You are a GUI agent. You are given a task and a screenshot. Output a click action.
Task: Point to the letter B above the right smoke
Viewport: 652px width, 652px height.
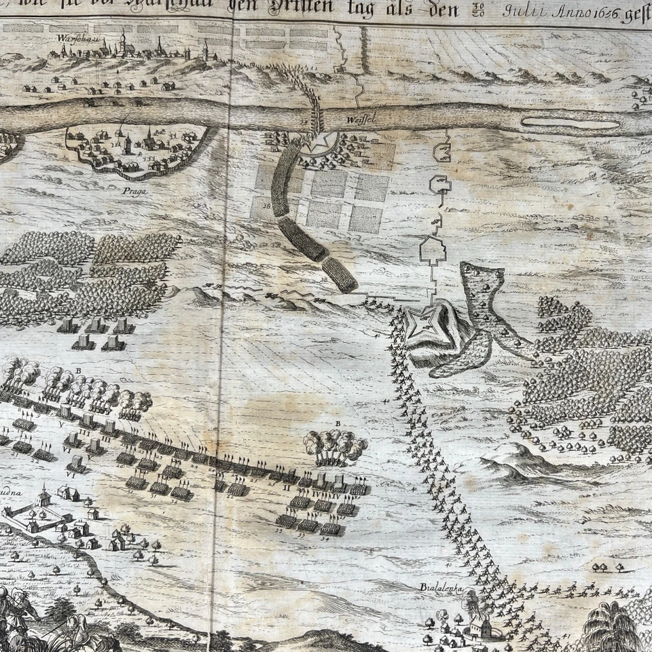[x=337, y=423]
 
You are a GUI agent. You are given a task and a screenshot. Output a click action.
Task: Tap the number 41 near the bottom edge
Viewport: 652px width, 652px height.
[x=566, y=636]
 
